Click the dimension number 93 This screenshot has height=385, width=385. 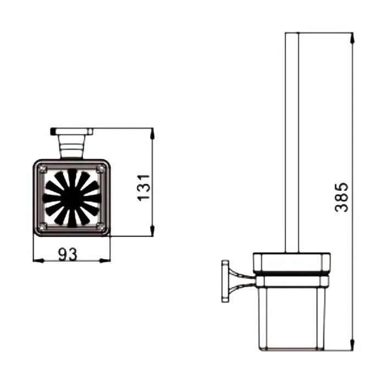(68, 254)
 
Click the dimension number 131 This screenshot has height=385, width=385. (144, 188)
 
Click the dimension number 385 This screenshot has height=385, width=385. (342, 197)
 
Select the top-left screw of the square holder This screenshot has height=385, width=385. (43, 169)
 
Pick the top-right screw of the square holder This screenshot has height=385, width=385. (100, 169)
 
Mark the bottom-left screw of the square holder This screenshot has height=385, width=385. (43, 226)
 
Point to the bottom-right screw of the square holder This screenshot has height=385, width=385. (100, 226)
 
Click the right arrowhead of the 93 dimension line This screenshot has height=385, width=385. (105, 261)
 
